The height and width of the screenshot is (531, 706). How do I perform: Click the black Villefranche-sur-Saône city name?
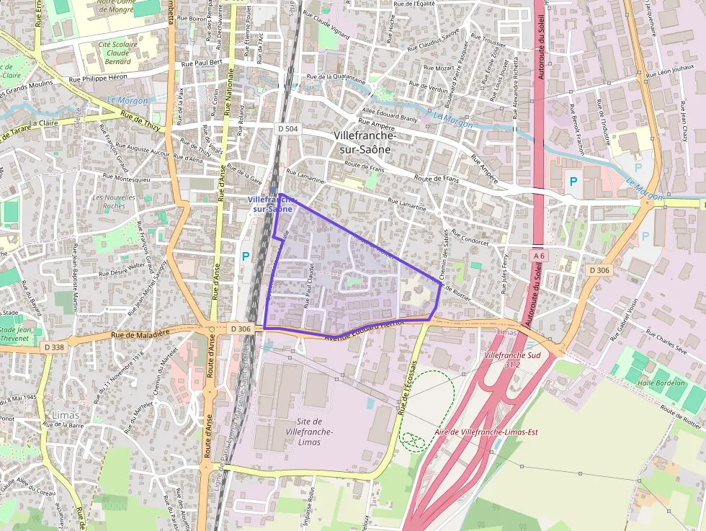(365, 142)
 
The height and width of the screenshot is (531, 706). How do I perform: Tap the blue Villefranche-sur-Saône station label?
(270, 203)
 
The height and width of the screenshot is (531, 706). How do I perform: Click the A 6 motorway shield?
(539, 256)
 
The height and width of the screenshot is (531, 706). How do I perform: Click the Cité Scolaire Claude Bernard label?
(117, 53)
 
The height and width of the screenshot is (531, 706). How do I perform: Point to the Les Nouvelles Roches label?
(114, 202)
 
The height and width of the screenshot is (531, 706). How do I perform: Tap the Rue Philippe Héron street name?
(98, 77)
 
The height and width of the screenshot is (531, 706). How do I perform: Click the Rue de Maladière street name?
(140, 334)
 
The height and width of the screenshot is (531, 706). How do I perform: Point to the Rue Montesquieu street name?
(127, 176)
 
